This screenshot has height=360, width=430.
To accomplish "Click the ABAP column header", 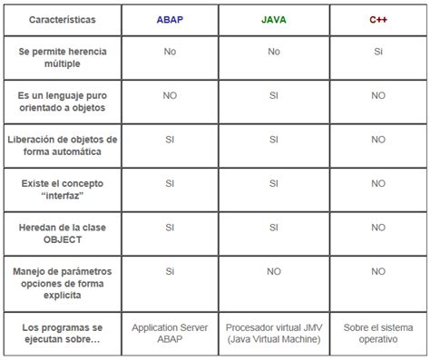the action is [x=170, y=18].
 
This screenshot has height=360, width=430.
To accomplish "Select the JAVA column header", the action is [x=273, y=18].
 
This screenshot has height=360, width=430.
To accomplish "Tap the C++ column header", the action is [x=377, y=18].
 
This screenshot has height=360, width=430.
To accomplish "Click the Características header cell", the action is [x=62, y=19].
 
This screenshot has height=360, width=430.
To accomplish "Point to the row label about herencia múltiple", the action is [x=62, y=58].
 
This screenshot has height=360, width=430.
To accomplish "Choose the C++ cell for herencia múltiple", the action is [x=377, y=52].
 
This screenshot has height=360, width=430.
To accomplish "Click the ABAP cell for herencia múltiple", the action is [x=170, y=52].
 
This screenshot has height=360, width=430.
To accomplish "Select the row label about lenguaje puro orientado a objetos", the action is [x=62, y=102].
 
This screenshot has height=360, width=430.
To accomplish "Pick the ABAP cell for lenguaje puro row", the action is [x=170, y=95].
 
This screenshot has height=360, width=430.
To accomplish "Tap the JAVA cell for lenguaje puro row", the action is [x=273, y=95].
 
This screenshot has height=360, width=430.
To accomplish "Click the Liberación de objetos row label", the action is [x=62, y=146].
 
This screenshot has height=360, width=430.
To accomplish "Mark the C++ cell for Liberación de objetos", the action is [x=377, y=140].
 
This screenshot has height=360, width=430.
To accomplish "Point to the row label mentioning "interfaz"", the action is [x=62, y=190].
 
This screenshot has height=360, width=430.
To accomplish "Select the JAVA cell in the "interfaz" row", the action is [x=273, y=183].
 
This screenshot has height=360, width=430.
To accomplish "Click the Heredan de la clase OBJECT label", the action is [x=62, y=234].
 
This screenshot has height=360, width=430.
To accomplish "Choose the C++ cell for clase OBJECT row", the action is [x=377, y=228].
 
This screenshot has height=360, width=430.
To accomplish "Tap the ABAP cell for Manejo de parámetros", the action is [x=170, y=271].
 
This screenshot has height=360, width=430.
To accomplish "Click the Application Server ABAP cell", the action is [x=170, y=332].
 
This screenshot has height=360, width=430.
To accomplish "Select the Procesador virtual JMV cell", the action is [x=273, y=332].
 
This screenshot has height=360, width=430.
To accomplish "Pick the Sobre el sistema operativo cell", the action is [x=377, y=332].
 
